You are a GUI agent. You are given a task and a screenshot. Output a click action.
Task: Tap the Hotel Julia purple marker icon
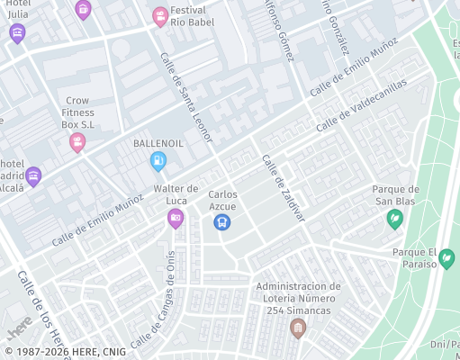17,33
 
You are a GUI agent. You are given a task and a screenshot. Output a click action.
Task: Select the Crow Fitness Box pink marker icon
78,141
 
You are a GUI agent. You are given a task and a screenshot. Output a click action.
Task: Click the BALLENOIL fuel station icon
158,161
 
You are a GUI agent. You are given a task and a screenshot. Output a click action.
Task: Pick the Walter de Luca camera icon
176,218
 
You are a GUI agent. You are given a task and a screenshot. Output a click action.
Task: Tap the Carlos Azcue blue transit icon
222,221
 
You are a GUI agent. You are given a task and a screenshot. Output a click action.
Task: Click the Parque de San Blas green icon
394,218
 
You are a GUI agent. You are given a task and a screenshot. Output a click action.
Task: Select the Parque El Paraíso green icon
446,259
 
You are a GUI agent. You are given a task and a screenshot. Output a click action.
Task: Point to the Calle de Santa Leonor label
186,96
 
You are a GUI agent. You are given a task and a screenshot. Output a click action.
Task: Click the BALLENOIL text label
158,143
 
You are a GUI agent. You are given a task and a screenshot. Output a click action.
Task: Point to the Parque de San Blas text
396,194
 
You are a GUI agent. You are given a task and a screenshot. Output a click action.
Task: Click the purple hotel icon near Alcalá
33,175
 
